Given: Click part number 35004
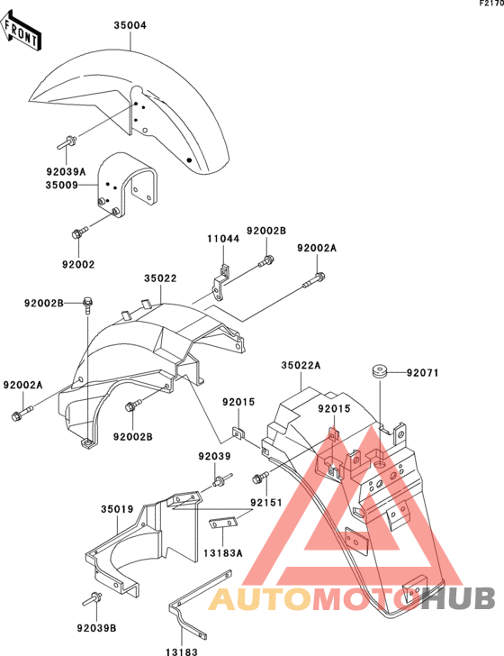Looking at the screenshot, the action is tap(130, 25).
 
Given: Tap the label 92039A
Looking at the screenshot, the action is tap(66, 171).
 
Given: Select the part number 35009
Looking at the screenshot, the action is tap(62, 185).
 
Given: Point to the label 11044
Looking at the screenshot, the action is tap(223, 239).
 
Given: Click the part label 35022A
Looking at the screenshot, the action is tap(301, 366).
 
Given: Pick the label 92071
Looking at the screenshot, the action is tap(422, 372).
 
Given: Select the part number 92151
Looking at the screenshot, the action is tap(266, 502).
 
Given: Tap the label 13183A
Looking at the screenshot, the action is tap(223, 553).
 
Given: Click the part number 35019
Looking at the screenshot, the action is tap(117, 509).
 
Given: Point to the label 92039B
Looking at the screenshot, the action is tap(96, 628).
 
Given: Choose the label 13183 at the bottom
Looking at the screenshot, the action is tap(182, 651).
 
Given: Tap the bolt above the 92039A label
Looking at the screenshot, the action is tap(66, 142).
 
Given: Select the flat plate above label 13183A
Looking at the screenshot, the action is tap(223, 523).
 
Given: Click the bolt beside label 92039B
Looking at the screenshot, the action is tap(92, 599).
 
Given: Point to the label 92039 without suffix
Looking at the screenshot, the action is tap(214, 456).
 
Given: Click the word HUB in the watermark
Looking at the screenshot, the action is tap(457, 598).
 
